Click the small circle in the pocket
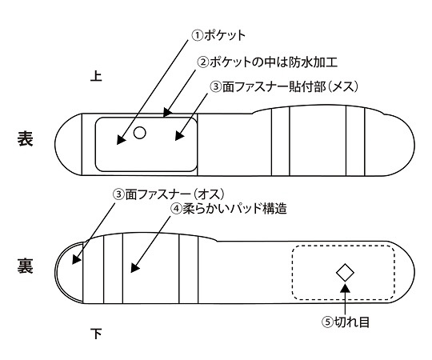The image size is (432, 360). click(x=140, y=133)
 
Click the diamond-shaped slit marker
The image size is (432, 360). click(x=346, y=273)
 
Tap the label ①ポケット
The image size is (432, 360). click(x=218, y=35)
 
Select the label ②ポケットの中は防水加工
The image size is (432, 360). click(x=267, y=62)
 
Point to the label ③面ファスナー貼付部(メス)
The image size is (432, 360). click(x=284, y=86)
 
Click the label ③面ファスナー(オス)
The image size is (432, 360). click(x=169, y=194)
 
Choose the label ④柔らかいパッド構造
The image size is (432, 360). click(x=229, y=209)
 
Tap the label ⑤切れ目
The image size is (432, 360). click(x=346, y=322)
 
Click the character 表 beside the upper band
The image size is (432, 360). click(x=26, y=138)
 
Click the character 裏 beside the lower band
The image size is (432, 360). click(x=26, y=266)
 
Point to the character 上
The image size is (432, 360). click(x=96, y=76)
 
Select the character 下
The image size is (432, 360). click(x=96, y=334)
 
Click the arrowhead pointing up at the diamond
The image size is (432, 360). click(x=346, y=287)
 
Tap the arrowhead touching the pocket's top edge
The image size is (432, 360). click(x=166, y=112)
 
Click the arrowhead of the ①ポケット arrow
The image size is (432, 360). click(x=121, y=139)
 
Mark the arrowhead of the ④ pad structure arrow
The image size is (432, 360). click(x=134, y=267)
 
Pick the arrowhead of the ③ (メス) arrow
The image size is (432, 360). click(x=179, y=135)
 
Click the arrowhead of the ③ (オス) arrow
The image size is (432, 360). click(x=76, y=259)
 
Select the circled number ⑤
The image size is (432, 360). click(x=327, y=322)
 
